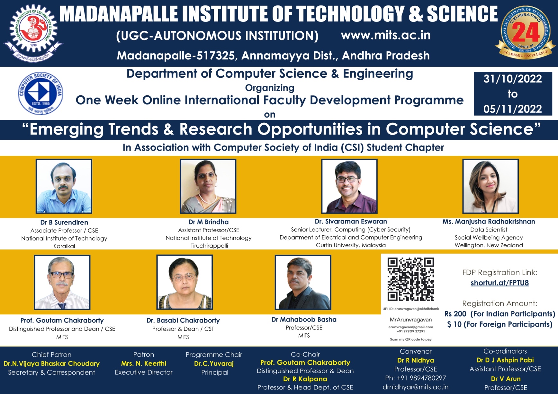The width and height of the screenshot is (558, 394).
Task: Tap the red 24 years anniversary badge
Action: click(525, 32)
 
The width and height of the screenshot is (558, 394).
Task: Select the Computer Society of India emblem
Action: click(40, 93)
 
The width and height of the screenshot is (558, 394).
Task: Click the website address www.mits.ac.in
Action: click(386, 35)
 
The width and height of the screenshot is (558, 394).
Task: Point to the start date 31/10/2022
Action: click(513, 79)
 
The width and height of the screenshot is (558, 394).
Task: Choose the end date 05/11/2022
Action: click(513, 109)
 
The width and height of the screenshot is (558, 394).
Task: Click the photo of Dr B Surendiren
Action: click(64, 186)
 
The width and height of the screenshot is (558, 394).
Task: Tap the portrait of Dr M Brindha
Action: click(208, 186)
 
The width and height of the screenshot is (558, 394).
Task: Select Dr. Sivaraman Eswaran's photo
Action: click(349, 186)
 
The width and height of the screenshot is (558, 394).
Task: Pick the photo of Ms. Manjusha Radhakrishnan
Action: click(491, 186)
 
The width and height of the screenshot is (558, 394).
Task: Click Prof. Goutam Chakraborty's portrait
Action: click(62, 282)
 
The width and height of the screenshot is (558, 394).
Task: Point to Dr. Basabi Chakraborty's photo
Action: click(184, 282)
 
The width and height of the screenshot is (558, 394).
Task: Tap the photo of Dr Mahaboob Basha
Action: click(303, 282)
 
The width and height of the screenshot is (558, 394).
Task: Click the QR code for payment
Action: click(411, 279)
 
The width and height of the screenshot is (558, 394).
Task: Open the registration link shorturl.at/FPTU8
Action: click(500, 283)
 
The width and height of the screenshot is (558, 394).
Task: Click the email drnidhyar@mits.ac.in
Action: click(416, 387)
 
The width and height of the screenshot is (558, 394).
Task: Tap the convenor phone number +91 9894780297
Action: click(416, 378)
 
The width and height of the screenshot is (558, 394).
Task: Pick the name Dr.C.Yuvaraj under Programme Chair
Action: click(214, 363)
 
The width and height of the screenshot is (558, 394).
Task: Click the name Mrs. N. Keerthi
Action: click(144, 363)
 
